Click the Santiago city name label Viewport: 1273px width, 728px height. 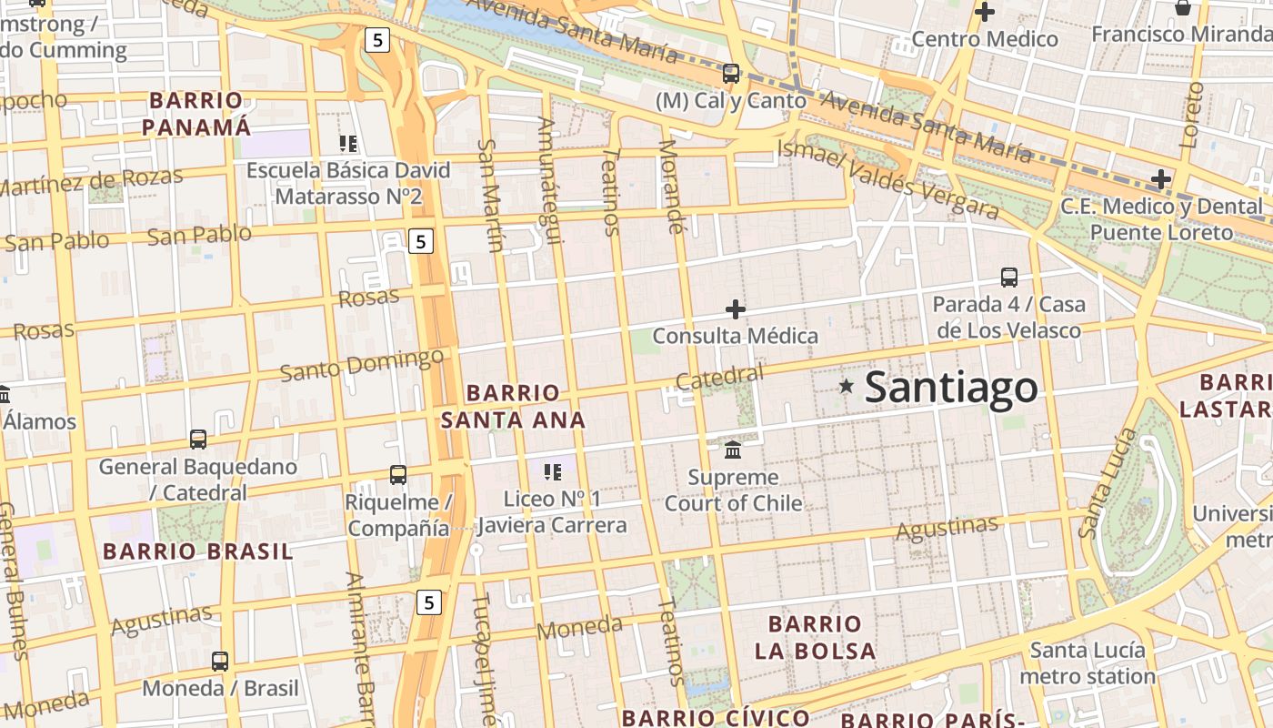950,388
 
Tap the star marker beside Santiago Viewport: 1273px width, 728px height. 847,386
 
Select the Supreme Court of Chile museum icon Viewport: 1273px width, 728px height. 733,450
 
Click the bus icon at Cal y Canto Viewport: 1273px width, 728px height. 731,74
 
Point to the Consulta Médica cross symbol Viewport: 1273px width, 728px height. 736,309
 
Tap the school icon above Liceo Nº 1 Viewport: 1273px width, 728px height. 552,471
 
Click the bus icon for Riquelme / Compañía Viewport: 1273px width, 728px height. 398,474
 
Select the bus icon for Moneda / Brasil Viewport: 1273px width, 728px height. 220,662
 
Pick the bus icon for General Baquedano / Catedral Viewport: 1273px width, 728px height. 198,440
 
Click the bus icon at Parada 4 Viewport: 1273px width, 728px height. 1009,278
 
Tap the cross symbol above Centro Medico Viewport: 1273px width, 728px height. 984,12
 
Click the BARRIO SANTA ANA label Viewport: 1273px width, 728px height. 513,407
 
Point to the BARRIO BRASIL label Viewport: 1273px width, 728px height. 197,551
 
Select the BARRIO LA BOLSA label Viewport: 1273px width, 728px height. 815,637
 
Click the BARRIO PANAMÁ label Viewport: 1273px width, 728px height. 196,114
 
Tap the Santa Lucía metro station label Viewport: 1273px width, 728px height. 1087,663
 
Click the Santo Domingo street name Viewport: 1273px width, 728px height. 361,365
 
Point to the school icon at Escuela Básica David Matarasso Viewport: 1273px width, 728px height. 348,143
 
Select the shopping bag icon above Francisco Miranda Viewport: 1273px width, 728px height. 1182,8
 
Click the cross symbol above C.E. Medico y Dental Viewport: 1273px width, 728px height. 1160,178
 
